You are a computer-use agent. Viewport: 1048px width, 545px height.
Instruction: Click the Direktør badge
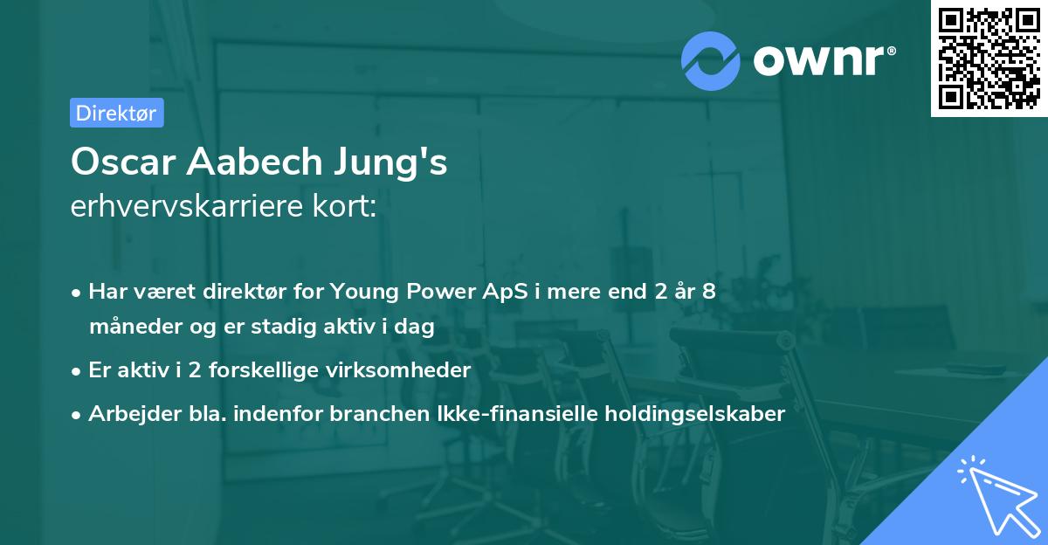116,113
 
